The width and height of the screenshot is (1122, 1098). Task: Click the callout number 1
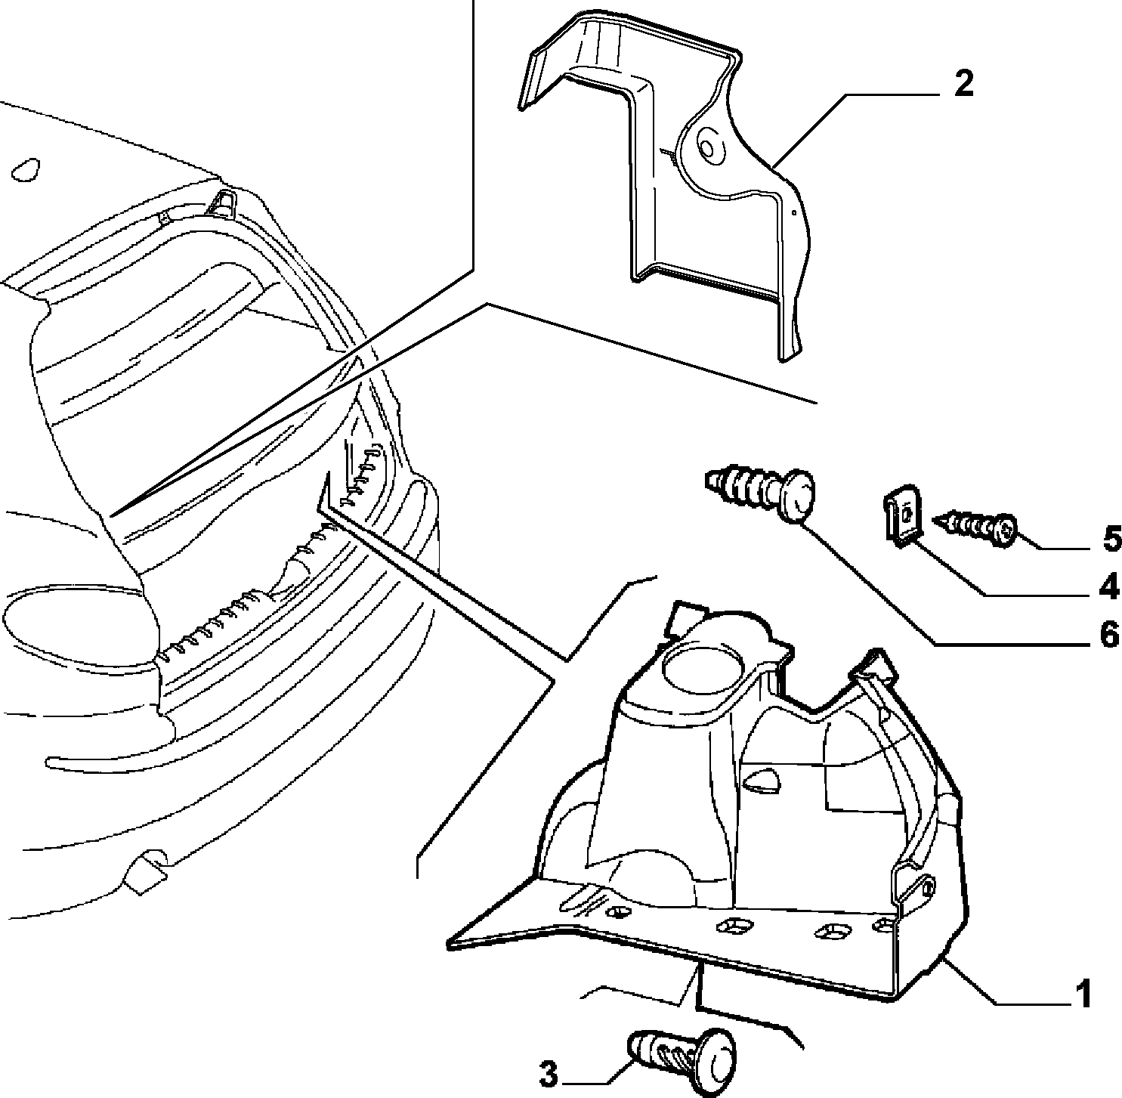coord(1083,994)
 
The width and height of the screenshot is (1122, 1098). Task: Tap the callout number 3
coord(549,1075)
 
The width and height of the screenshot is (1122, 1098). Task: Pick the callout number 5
coord(1112,540)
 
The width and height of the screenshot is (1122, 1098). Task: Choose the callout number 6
coord(1108,636)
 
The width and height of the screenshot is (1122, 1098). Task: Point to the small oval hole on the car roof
coord(26,170)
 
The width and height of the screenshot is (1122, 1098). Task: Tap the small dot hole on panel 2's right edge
coord(795,212)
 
